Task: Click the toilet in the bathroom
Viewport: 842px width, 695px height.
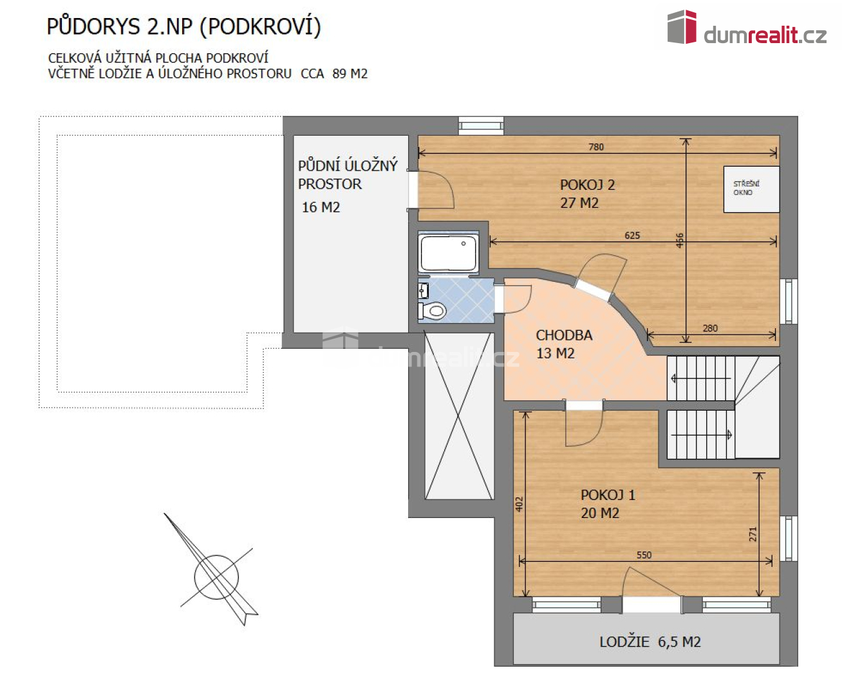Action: (433, 311)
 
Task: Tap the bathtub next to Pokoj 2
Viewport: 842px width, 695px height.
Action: (448, 253)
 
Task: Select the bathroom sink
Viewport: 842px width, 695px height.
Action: (423, 290)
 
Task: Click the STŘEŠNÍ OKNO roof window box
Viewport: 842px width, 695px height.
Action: (751, 189)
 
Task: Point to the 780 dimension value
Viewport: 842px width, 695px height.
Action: (596, 147)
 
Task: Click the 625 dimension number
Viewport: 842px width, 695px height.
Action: (632, 236)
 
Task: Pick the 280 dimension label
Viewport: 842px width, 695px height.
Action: (710, 328)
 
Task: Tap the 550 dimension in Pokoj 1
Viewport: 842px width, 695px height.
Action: (644, 555)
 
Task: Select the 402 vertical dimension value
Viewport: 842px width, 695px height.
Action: (519, 504)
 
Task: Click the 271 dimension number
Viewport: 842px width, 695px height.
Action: (753, 534)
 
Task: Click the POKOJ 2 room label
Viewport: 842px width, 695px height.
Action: (587, 185)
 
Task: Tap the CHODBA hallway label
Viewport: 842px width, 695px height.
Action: (564, 335)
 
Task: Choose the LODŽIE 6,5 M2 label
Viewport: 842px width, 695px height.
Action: (650, 642)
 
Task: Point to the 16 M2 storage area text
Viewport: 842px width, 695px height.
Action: (321, 207)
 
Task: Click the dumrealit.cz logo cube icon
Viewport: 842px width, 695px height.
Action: (682, 26)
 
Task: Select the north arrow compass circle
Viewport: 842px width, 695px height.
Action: (216, 577)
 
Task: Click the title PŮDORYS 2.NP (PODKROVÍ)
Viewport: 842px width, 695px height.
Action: (184, 26)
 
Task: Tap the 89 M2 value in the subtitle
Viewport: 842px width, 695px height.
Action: (350, 74)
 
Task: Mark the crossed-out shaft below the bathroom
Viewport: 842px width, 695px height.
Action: (460, 416)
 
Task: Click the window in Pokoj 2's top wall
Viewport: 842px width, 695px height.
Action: (481, 125)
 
